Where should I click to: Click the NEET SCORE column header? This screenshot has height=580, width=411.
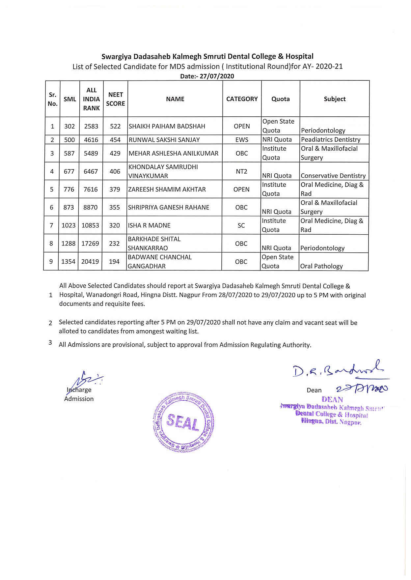point(115,99)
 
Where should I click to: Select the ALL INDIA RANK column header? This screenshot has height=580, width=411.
point(91,99)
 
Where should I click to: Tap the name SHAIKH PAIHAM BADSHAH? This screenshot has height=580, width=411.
point(167,126)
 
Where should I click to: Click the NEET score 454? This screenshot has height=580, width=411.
point(115,140)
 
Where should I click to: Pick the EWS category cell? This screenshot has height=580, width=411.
point(242,140)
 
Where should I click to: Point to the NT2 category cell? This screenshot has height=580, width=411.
point(241,171)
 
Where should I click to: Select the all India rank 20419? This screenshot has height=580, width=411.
point(90,262)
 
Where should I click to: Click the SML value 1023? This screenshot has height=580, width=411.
point(68,225)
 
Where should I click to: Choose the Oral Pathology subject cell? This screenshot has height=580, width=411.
point(321,266)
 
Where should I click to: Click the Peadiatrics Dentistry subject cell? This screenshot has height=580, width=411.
point(331,140)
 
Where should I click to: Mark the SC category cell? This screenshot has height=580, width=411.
point(241,225)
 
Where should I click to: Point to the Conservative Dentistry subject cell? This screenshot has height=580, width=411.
point(333,176)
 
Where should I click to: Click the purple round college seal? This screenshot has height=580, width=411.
point(184,422)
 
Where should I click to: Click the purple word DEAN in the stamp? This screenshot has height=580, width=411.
point(332,400)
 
